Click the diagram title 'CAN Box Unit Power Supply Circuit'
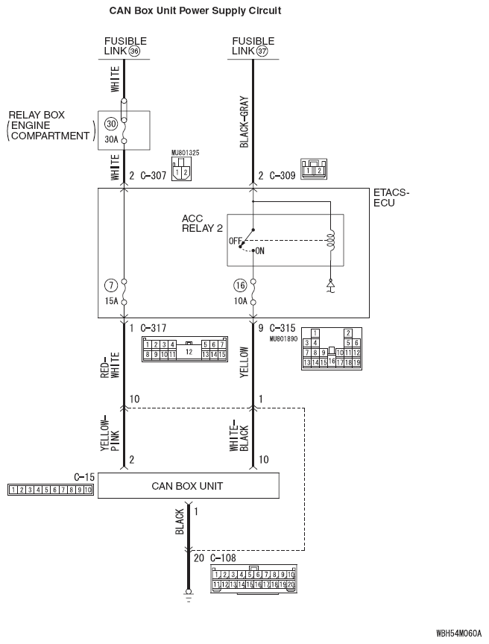[195, 11]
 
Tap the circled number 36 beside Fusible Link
[134, 51]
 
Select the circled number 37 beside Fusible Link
[262, 51]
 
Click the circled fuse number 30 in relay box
[111, 124]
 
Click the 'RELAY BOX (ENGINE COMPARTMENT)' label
[49, 125]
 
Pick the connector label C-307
[152, 177]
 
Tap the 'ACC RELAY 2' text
[202, 224]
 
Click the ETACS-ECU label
[391, 198]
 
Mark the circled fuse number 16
[239, 285]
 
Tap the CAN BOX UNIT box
[188, 486]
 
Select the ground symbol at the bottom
[188, 597]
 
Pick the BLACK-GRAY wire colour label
[244, 121]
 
